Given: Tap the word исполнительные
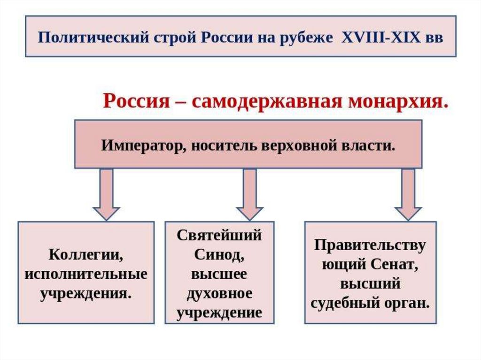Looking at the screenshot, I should click(x=86, y=275).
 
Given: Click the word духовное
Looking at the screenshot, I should click(x=219, y=294).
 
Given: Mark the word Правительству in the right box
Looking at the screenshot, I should click(x=370, y=245).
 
